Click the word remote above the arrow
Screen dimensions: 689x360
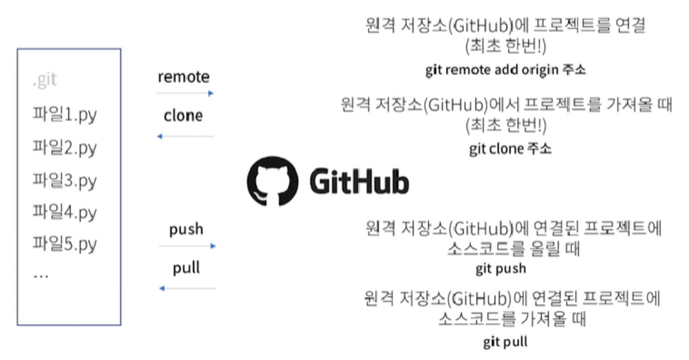pyautogui.click(x=184, y=77)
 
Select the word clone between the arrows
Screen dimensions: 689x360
pyautogui.click(x=183, y=115)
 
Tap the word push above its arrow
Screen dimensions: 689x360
pyautogui.click(x=186, y=229)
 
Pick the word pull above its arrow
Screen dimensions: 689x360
pyautogui.click(x=186, y=268)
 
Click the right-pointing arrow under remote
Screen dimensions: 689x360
pyautogui.click(x=185, y=93)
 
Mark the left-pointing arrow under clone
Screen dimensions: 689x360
pyautogui.click(x=185, y=137)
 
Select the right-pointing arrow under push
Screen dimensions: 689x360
pyautogui.click(x=187, y=246)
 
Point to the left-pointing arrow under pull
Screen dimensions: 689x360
pyautogui.click(x=187, y=288)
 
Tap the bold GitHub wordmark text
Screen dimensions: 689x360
pyautogui.click(x=358, y=183)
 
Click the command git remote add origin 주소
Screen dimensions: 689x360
pyautogui.click(x=505, y=70)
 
